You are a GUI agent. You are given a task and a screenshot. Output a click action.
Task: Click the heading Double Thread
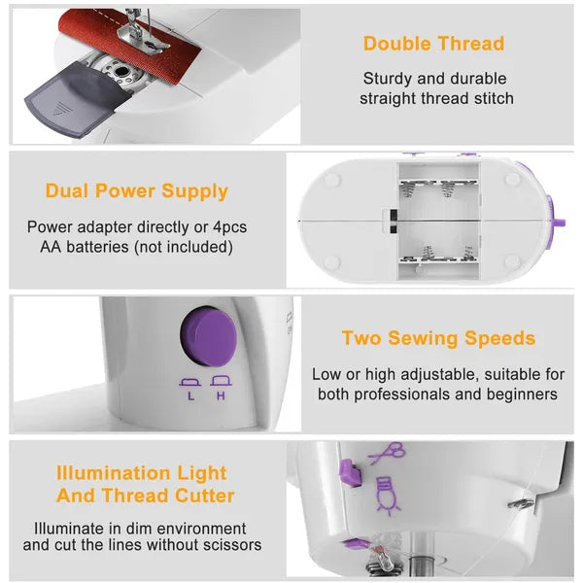point(433,44)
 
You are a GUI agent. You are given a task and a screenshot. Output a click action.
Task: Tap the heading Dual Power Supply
point(137,191)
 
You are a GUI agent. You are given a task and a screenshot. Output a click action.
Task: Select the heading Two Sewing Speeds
point(438,338)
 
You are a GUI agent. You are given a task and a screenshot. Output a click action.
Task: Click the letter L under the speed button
point(190,395)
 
